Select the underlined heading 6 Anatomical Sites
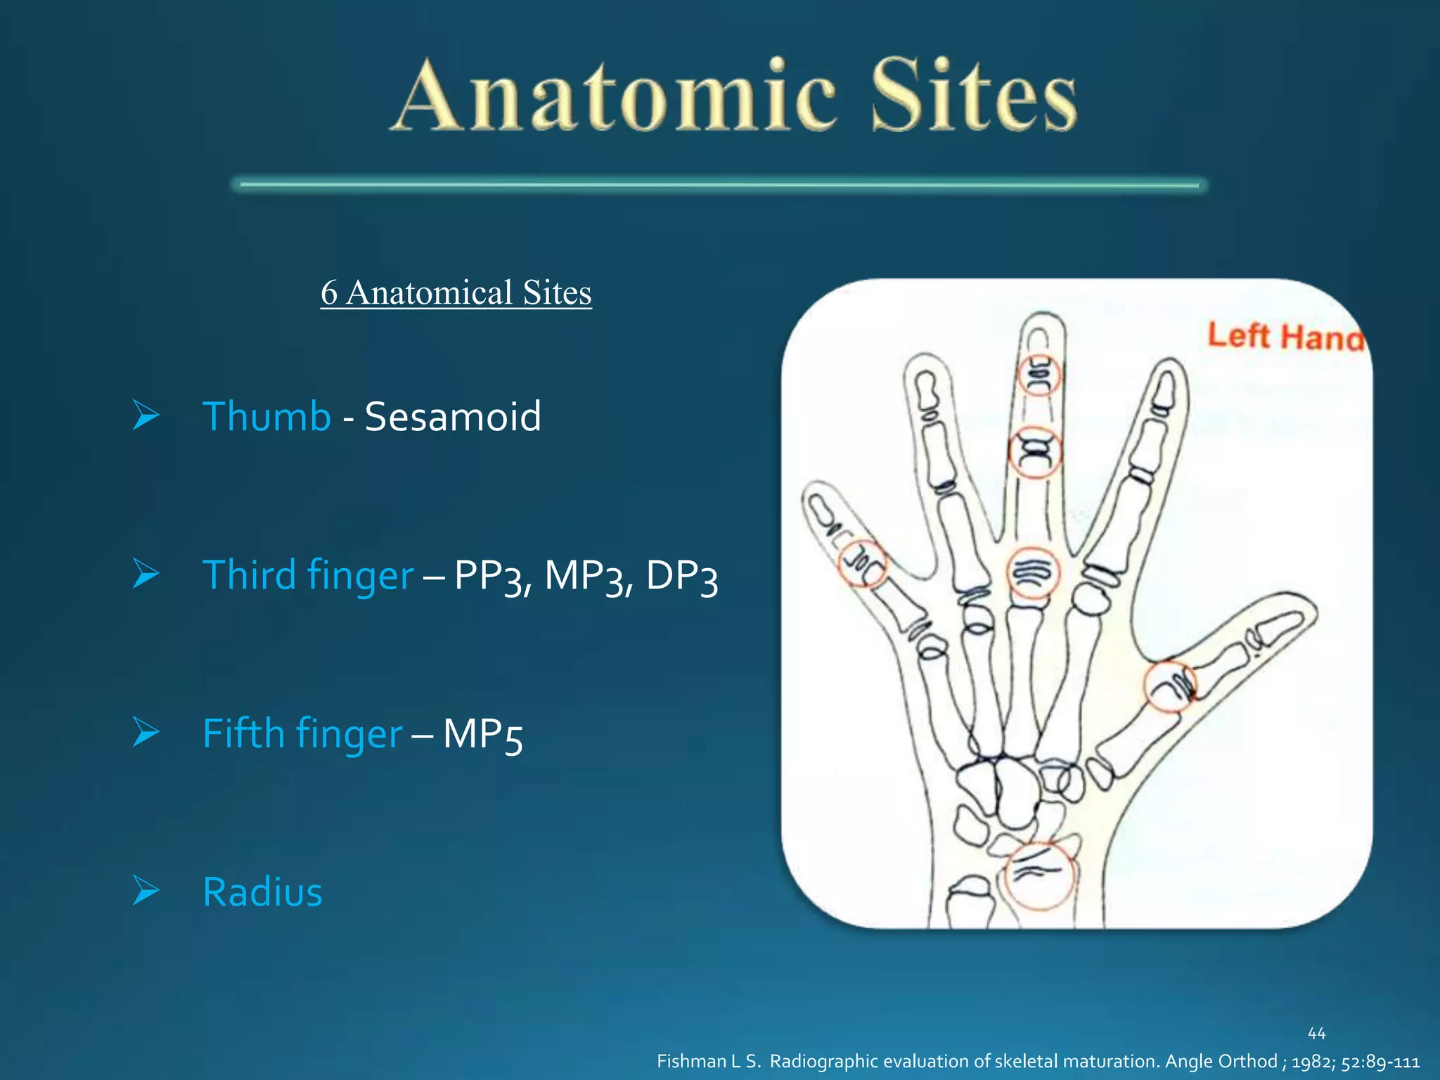(456, 292)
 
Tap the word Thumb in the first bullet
(266, 416)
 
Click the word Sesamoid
(453, 416)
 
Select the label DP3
(681, 576)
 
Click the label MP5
(482, 735)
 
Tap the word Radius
(262, 892)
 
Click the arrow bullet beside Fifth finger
(146, 733)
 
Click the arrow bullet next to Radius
(146, 891)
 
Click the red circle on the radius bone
(1040, 875)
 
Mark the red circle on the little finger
(863, 564)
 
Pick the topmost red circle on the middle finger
(1039, 374)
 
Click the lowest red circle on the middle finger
(1033, 573)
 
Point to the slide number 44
(1316, 1034)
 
